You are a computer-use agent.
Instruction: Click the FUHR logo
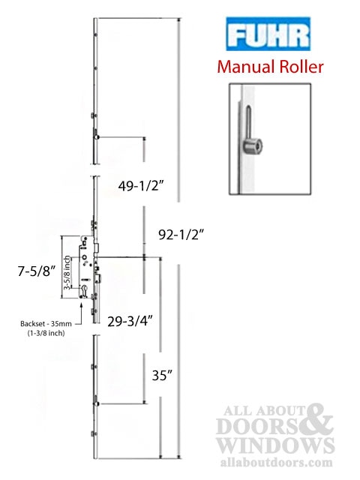click(268, 34)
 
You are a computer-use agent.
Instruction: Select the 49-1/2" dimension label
click(141, 185)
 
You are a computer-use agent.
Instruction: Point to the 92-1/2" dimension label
click(181, 235)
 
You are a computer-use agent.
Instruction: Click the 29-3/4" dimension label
click(130, 322)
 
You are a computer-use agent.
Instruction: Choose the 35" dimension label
click(162, 375)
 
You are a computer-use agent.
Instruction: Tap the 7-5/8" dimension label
click(37, 271)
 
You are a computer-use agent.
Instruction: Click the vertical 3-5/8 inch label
click(67, 273)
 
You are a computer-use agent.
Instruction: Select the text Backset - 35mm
click(46, 323)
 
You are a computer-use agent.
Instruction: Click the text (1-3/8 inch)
click(46, 333)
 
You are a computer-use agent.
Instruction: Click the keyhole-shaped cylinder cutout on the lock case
click(85, 290)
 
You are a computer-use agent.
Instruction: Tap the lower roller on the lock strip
click(97, 403)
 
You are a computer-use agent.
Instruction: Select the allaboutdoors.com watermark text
click(277, 462)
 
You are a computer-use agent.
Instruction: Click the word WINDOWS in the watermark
click(275, 445)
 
